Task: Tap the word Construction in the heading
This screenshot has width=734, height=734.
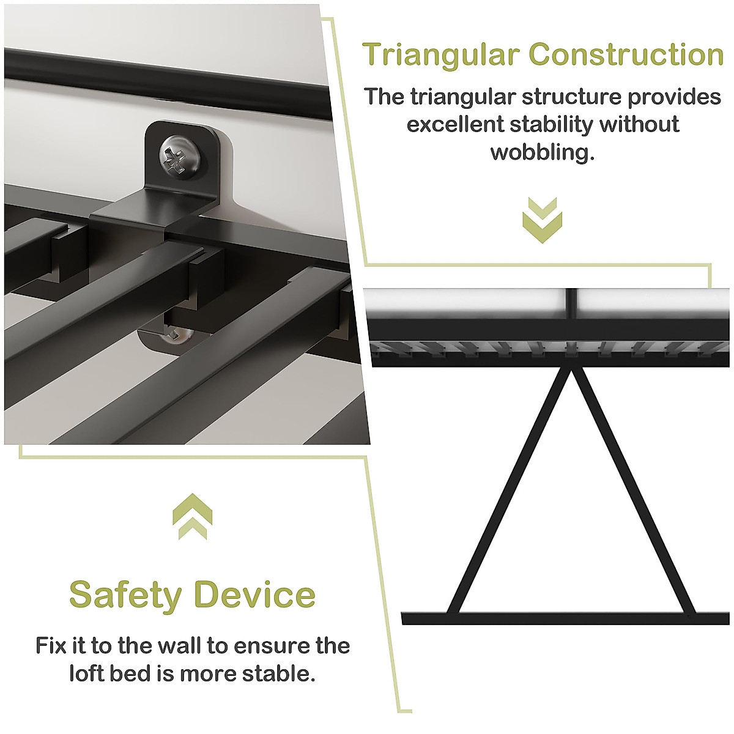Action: [626, 55]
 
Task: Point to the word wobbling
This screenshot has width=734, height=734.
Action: [542, 152]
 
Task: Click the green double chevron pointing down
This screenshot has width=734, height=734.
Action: [542, 220]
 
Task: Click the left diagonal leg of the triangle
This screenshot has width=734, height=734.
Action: [508, 492]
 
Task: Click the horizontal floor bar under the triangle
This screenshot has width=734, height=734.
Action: [566, 618]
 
